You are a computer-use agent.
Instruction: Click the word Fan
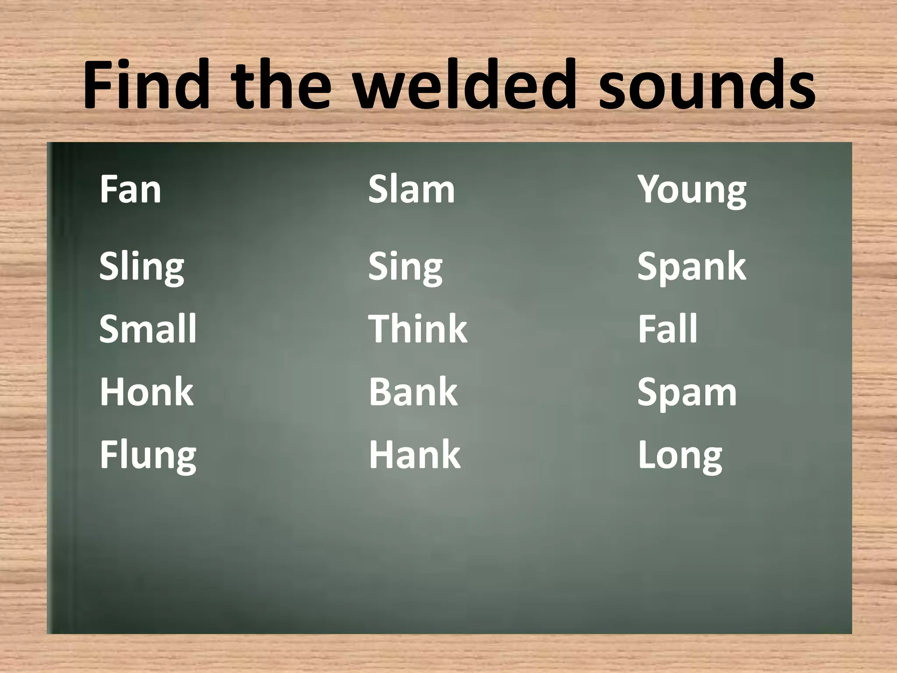coord(130,189)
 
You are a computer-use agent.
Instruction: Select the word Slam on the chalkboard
coord(411,189)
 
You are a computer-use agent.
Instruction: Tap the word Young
coord(692,191)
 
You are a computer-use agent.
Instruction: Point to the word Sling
coord(141,267)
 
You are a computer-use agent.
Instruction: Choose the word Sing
coord(405,267)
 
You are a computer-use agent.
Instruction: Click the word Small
coord(148,329)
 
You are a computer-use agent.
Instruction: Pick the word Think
coord(418,329)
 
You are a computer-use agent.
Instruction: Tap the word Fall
coord(667,329)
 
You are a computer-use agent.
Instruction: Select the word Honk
coord(146,392)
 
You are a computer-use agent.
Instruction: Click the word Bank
coord(413,392)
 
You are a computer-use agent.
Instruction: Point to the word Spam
coord(687,393)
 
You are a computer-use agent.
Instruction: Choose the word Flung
coord(148,456)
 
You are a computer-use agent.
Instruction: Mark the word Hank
coord(414,455)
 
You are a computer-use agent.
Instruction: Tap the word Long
coord(680,456)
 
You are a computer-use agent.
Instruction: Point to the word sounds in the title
coord(706,85)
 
